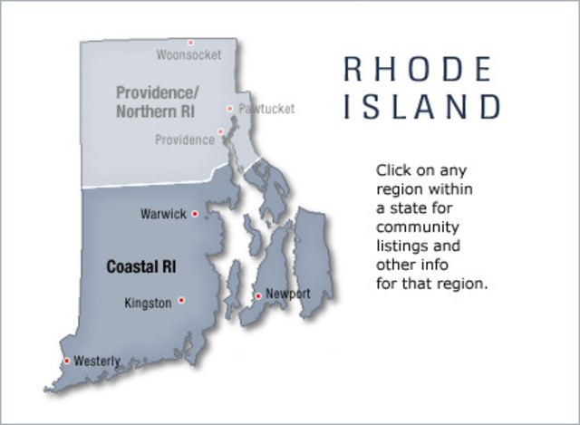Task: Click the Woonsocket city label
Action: point(188,55)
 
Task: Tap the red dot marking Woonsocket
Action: point(190,42)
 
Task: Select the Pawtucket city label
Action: point(266,109)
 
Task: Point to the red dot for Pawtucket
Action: point(230,109)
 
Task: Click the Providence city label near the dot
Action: point(184,140)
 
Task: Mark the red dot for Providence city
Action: point(220,131)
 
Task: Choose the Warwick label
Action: point(163,215)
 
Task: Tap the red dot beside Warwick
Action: point(194,215)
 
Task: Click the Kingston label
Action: point(148,304)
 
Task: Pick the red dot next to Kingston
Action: point(181,300)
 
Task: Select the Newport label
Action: point(288,294)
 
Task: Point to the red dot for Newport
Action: point(258,295)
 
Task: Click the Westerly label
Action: point(97,361)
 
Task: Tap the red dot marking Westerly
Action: point(66,361)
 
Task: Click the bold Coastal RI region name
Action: point(140,267)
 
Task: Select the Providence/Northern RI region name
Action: point(155,101)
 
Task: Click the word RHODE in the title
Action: point(417,70)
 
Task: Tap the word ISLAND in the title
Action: point(421,107)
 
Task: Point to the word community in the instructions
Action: point(418,227)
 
